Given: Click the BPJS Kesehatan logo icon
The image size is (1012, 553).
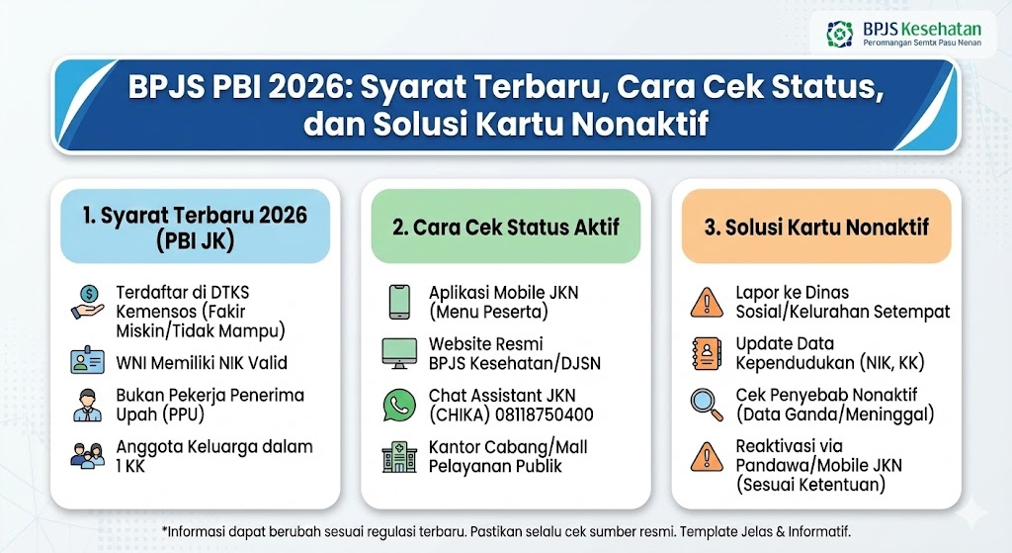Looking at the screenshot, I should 840,35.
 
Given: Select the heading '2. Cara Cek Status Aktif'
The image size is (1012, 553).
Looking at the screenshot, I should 505,228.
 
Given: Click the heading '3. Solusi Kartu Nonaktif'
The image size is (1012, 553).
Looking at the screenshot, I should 816,228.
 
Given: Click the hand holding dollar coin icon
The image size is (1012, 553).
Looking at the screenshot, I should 88,302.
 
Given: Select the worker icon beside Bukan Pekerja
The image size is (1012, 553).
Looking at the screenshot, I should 88,405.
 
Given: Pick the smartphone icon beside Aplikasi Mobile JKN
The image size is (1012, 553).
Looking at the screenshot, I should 398,302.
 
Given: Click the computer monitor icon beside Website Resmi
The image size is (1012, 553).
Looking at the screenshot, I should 398,353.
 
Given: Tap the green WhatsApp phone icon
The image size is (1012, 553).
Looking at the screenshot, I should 398,405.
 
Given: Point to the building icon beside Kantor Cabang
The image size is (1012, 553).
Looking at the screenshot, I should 398,456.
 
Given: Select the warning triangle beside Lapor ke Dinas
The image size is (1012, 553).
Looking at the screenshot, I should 706,301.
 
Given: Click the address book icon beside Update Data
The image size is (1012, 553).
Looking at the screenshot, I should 706,353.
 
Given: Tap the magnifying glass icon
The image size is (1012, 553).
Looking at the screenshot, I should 706,405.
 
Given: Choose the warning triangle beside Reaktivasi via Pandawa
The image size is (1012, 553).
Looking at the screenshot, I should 706,456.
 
